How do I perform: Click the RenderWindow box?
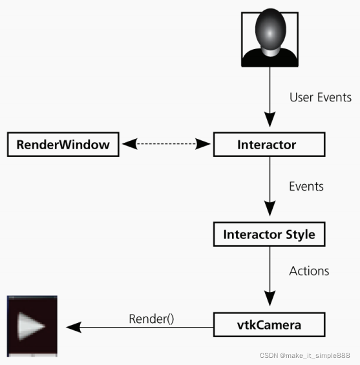pos(63,144)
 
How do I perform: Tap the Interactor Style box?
pos(269,234)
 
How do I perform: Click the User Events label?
pos(321,98)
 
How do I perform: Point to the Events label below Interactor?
pos(306,186)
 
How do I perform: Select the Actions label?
pos(309,271)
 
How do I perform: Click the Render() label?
pos(151,318)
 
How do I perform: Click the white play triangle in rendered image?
pos(30,326)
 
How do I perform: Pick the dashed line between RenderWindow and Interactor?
pos(167,144)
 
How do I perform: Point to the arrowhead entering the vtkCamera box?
pos(269,302)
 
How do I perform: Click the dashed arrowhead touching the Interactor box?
pos(205,144)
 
